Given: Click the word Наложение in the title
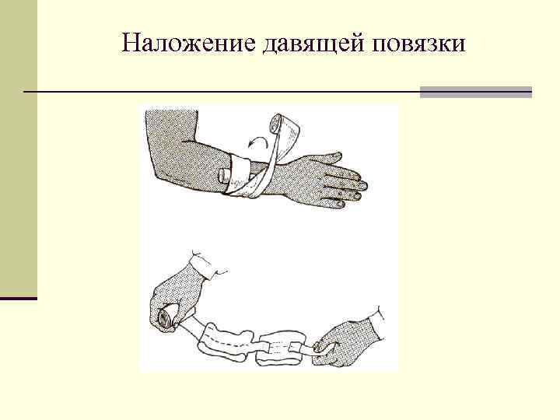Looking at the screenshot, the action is coord(189,43).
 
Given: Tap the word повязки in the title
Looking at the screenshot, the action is coord(418,44).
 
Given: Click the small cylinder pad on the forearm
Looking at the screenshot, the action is coord(226,175).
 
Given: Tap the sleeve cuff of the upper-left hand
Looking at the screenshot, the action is coord(205,264).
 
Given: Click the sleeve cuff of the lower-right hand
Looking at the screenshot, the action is coord(376,322).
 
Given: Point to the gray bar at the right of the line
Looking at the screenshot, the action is coord(476,92).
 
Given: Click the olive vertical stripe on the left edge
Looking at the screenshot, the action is coord(19,148).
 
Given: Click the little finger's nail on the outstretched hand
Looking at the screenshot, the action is coord(340,204).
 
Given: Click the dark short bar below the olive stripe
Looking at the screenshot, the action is coord(19,298).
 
